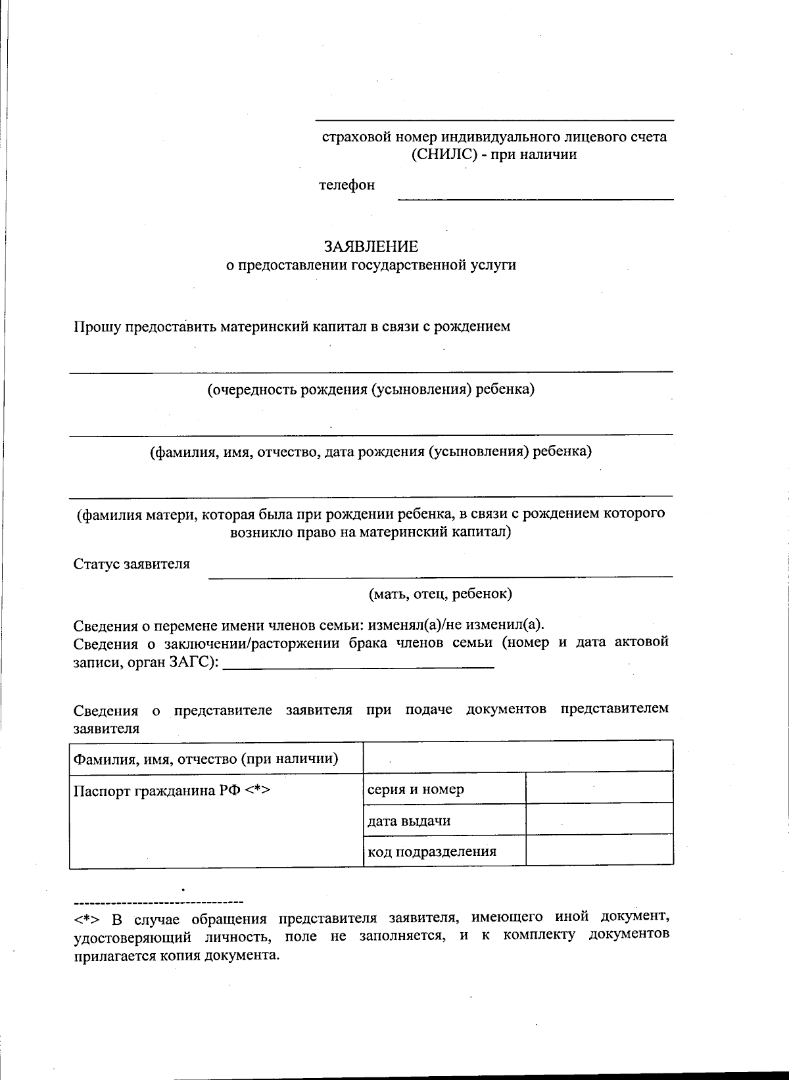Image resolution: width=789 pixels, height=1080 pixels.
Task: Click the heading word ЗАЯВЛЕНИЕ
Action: pyautogui.click(x=371, y=247)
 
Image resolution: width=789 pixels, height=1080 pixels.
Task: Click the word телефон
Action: pyautogui.click(x=347, y=185)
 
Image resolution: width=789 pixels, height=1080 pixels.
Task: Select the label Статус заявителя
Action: pyautogui.click(x=131, y=564)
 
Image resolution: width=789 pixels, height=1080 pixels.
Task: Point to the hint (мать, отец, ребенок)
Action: pyautogui.click(x=440, y=594)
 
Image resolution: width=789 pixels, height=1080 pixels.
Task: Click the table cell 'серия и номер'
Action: pyautogui.click(x=416, y=789)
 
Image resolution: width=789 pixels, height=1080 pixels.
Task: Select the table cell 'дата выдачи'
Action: pyautogui.click(x=409, y=821)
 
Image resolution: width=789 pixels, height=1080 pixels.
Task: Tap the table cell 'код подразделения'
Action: pyautogui.click(x=431, y=853)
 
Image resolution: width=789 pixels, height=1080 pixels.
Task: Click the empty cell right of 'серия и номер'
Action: pyautogui.click(x=599, y=787)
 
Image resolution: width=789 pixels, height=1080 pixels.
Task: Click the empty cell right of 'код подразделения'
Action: pyautogui.click(x=599, y=849)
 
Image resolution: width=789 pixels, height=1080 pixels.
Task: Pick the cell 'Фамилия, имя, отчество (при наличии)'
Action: pyautogui.click(x=206, y=759)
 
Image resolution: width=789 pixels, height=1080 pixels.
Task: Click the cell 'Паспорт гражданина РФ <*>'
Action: pyautogui.click(x=172, y=791)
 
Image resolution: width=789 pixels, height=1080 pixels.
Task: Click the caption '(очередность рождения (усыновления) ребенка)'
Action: pyautogui.click(x=371, y=390)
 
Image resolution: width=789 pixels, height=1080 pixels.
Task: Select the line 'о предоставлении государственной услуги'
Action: pyautogui.click(x=371, y=266)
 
